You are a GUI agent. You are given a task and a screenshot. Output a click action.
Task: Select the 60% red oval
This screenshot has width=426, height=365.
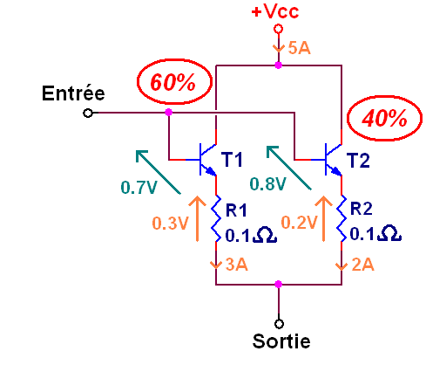pos(172,85)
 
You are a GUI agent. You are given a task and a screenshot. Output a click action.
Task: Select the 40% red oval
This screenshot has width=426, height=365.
pos(380,119)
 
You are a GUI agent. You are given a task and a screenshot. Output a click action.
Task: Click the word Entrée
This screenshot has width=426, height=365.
pos(74,93)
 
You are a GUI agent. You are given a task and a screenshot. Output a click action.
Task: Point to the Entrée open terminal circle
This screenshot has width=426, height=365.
pos(87,113)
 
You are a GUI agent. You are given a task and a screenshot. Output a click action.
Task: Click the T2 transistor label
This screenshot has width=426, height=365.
pos(358,160)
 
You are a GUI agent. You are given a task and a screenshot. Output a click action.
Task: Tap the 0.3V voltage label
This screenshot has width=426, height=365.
pos(170,223)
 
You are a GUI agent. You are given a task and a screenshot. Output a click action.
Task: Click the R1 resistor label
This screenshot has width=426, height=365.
pos(237,210)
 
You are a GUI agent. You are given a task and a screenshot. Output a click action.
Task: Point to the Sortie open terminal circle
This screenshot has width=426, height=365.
pos(279,320)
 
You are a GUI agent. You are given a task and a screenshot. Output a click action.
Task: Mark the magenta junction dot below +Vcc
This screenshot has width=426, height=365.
pos(278,65)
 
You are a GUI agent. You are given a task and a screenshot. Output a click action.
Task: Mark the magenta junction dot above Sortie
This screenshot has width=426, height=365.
pos(278,284)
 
